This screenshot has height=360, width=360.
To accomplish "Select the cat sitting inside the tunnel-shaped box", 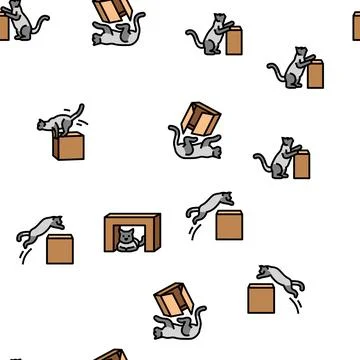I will [125, 240].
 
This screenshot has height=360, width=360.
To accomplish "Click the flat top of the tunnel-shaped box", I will [126, 217].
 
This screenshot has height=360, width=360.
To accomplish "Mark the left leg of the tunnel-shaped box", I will [107, 236].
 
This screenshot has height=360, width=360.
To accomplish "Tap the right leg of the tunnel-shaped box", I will [146, 236].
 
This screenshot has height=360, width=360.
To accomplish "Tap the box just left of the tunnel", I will [59, 246].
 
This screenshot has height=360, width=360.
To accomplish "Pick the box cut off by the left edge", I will [4, 29].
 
